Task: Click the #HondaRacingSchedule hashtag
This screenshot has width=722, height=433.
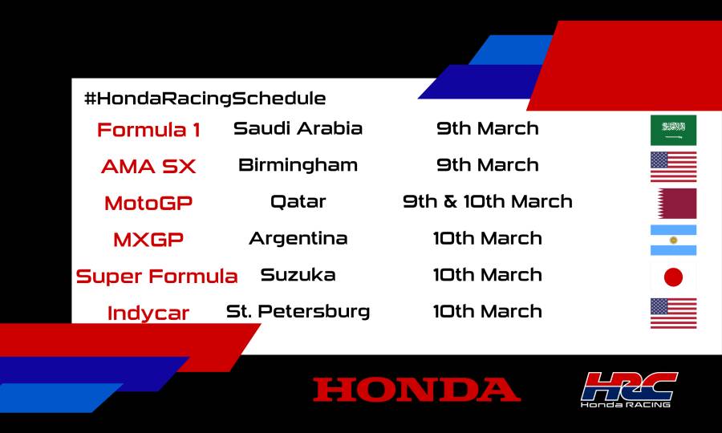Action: [205, 99]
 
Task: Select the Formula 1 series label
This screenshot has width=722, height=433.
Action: [148, 130]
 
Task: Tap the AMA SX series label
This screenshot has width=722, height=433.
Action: [148, 167]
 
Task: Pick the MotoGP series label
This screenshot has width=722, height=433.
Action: [148, 203]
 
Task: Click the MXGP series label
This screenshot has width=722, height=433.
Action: [148, 240]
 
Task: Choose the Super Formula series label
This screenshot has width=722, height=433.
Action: [156, 277]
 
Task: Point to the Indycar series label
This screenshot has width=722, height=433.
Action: [148, 314]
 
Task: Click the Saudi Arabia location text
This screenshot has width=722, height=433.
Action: [298, 128]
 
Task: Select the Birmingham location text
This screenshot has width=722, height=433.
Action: [298, 165]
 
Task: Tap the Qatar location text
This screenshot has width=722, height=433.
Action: [298, 201]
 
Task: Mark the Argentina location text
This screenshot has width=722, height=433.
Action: [298, 238]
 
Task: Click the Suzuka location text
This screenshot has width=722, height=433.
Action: [298, 275]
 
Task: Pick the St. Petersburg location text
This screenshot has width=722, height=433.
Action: [298, 311]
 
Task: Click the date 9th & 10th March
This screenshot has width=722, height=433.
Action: [488, 201]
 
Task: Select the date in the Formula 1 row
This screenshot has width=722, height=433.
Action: [488, 128]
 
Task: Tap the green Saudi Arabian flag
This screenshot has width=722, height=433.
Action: [673, 130]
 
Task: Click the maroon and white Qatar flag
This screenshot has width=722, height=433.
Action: [673, 204]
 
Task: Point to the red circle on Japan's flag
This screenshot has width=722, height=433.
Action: [673, 277]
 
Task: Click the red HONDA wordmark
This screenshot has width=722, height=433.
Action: [416, 390]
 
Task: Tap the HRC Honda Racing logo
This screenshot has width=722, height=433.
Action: [629, 390]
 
